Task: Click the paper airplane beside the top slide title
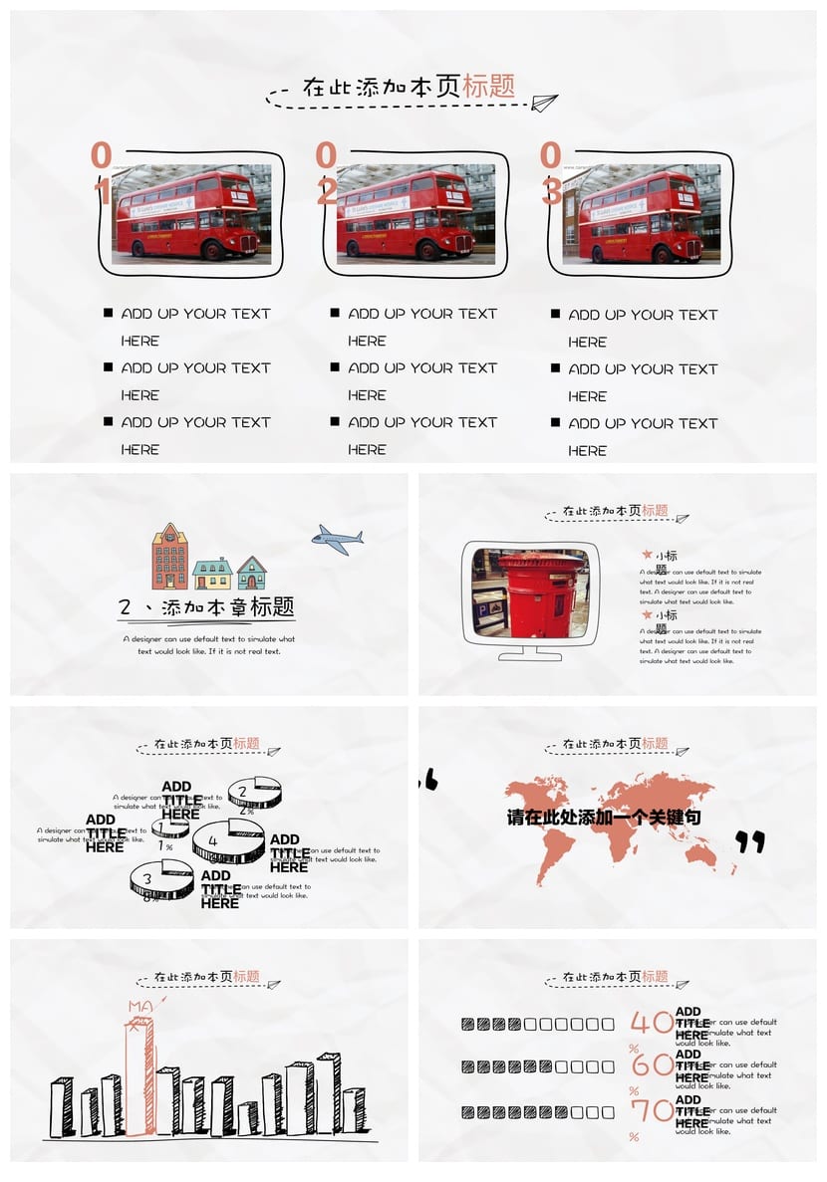pos(544,102)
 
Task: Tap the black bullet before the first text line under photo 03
pos(555,315)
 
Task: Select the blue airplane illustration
pos(337,540)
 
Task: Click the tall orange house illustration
pos(169,557)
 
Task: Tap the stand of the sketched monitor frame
pos(529,653)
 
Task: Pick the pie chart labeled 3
pos(160,879)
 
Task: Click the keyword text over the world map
pos(604,818)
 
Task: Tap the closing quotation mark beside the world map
pos(750,842)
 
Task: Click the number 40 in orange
pos(652,1023)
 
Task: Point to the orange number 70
pos(652,1110)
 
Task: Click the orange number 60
pos(653,1065)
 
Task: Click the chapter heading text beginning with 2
pos(206,607)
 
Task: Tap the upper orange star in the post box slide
pos(647,555)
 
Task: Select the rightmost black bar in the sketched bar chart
pos(353,1109)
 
